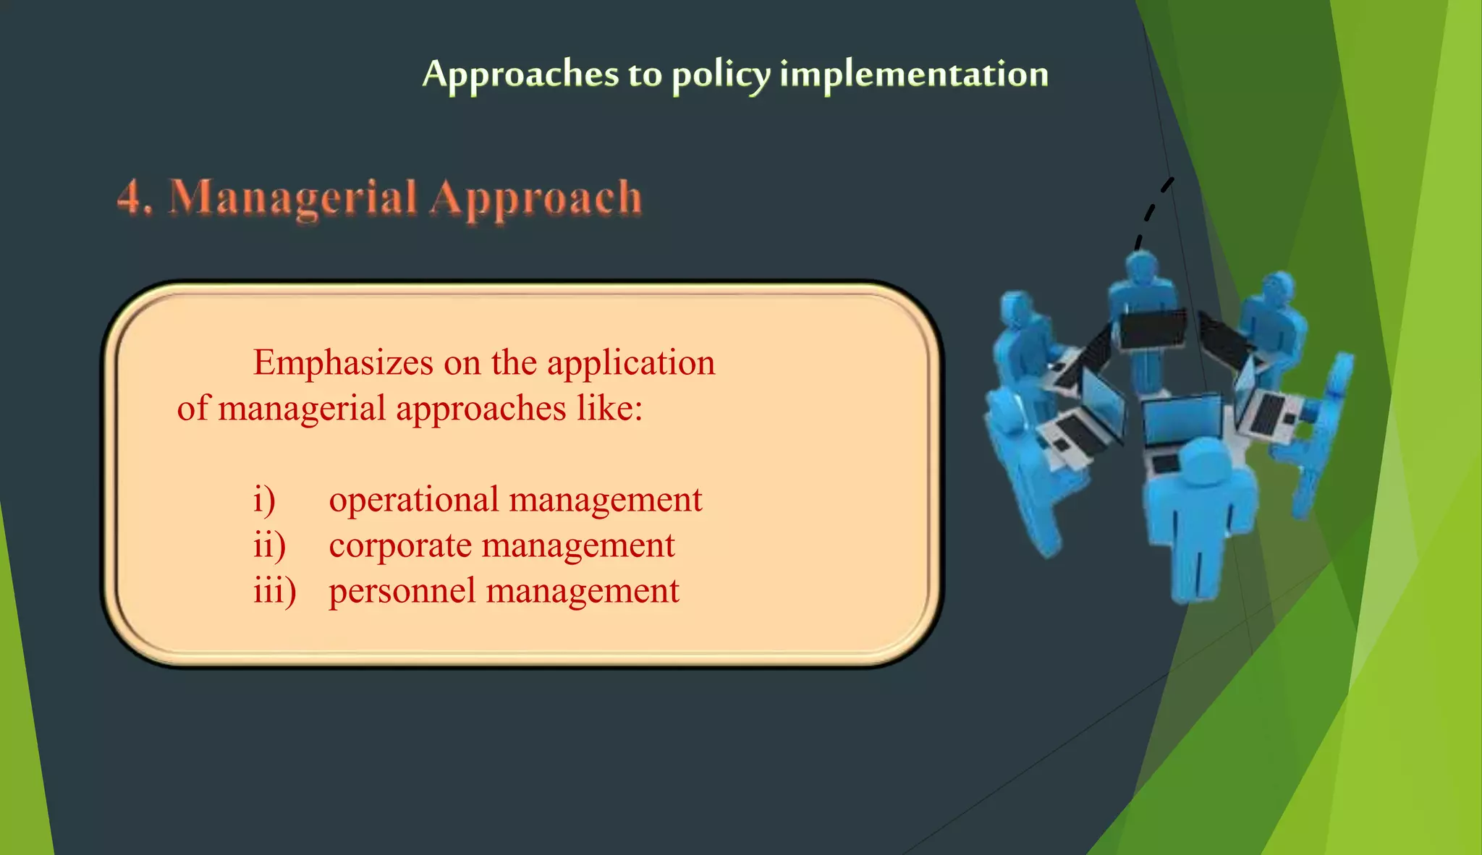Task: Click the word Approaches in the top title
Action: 520,74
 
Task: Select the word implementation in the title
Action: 914,74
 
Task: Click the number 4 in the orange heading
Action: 130,197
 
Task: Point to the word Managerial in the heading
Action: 293,198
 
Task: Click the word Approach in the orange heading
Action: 535,198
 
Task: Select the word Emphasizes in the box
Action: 343,363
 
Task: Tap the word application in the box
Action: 630,363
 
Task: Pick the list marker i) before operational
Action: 264,500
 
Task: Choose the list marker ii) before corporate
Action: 269,545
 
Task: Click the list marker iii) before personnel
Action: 274,591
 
